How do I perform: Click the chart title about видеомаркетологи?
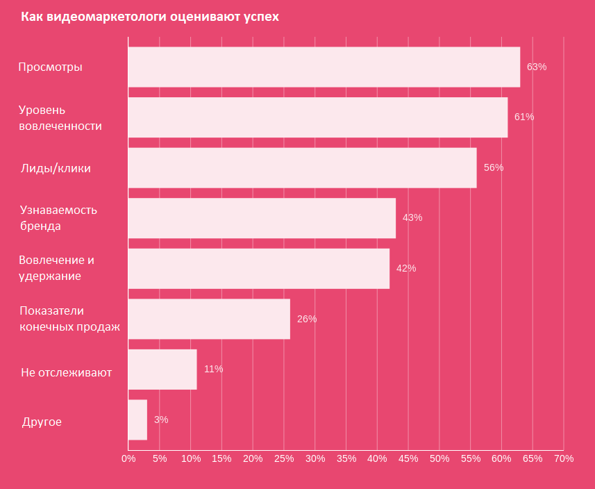pyautogui.click(x=150, y=17)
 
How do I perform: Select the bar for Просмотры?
pyautogui.click(x=324, y=67)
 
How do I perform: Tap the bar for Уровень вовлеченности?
pyautogui.click(x=317, y=117)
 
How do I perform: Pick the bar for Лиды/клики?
pyautogui.click(x=302, y=168)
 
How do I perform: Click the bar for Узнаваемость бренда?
pyautogui.click(x=262, y=218)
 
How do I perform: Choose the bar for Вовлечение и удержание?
pyautogui.click(x=258, y=269)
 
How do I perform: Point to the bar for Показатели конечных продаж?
pyautogui.click(x=209, y=319)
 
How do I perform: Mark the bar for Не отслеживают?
pyautogui.click(x=162, y=370)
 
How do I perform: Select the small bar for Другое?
pyautogui.click(x=137, y=420)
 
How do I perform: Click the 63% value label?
pyautogui.click(x=537, y=67)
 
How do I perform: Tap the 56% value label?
pyautogui.click(x=494, y=168)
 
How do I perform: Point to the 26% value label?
pyautogui.click(x=307, y=319)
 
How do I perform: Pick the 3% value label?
pyautogui.click(x=161, y=420)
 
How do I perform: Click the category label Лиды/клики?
pyautogui.click(x=56, y=168)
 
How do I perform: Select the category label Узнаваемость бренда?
pyautogui.click(x=58, y=218)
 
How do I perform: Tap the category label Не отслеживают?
pyautogui.click(x=67, y=373)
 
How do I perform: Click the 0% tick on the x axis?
pyautogui.click(x=128, y=458)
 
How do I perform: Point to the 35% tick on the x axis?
pyautogui.click(x=346, y=458)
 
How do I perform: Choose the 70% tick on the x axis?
pyautogui.click(x=564, y=458)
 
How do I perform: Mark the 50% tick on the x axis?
pyautogui.click(x=439, y=458)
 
